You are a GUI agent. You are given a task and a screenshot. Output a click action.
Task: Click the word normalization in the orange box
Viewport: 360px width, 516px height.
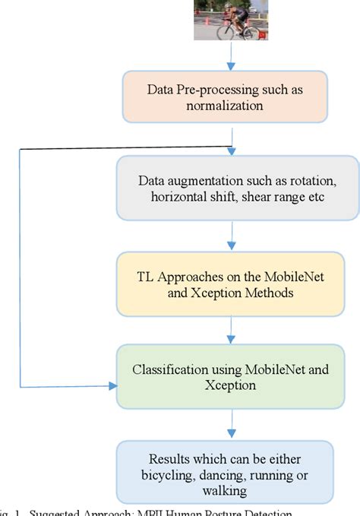coord(225,106)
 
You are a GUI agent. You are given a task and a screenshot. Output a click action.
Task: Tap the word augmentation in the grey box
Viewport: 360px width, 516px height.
coord(198,182)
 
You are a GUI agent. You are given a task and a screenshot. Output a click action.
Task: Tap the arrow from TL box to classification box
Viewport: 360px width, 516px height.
coord(231,329)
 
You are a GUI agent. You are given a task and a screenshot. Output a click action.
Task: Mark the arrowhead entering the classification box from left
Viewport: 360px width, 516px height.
coord(114,386)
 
